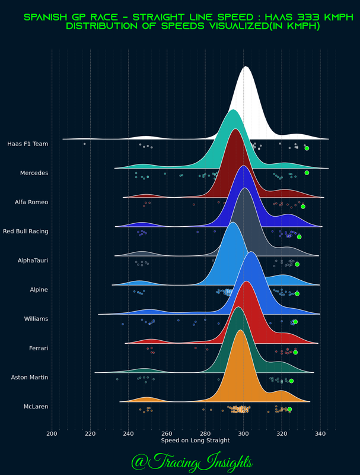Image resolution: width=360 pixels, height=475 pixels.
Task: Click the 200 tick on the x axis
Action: (52, 433)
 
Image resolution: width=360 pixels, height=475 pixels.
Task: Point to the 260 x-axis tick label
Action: (167, 433)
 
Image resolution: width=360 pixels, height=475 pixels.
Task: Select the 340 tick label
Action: (320, 433)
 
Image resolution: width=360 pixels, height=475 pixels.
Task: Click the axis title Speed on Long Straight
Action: (186, 441)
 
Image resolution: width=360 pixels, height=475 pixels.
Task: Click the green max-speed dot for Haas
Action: (307, 148)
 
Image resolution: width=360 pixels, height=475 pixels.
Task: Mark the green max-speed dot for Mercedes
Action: (307, 173)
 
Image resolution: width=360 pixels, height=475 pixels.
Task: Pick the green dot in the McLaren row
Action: (289, 409)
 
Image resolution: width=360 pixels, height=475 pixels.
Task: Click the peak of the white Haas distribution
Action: (246, 66)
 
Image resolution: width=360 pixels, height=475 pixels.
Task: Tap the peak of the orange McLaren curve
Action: (240, 330)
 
